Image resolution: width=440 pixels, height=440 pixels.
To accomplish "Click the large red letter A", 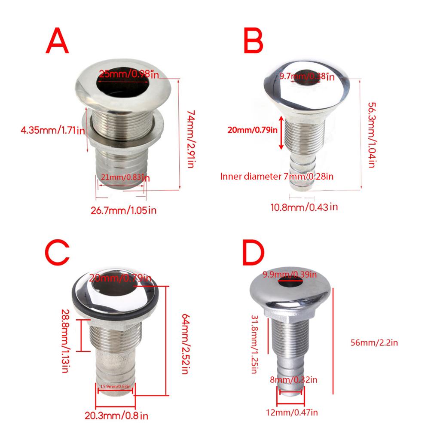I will pyautogui.click(x=57, y=42).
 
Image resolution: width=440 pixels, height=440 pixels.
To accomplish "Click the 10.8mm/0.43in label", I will pyautogui.click(x=303, y=207).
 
